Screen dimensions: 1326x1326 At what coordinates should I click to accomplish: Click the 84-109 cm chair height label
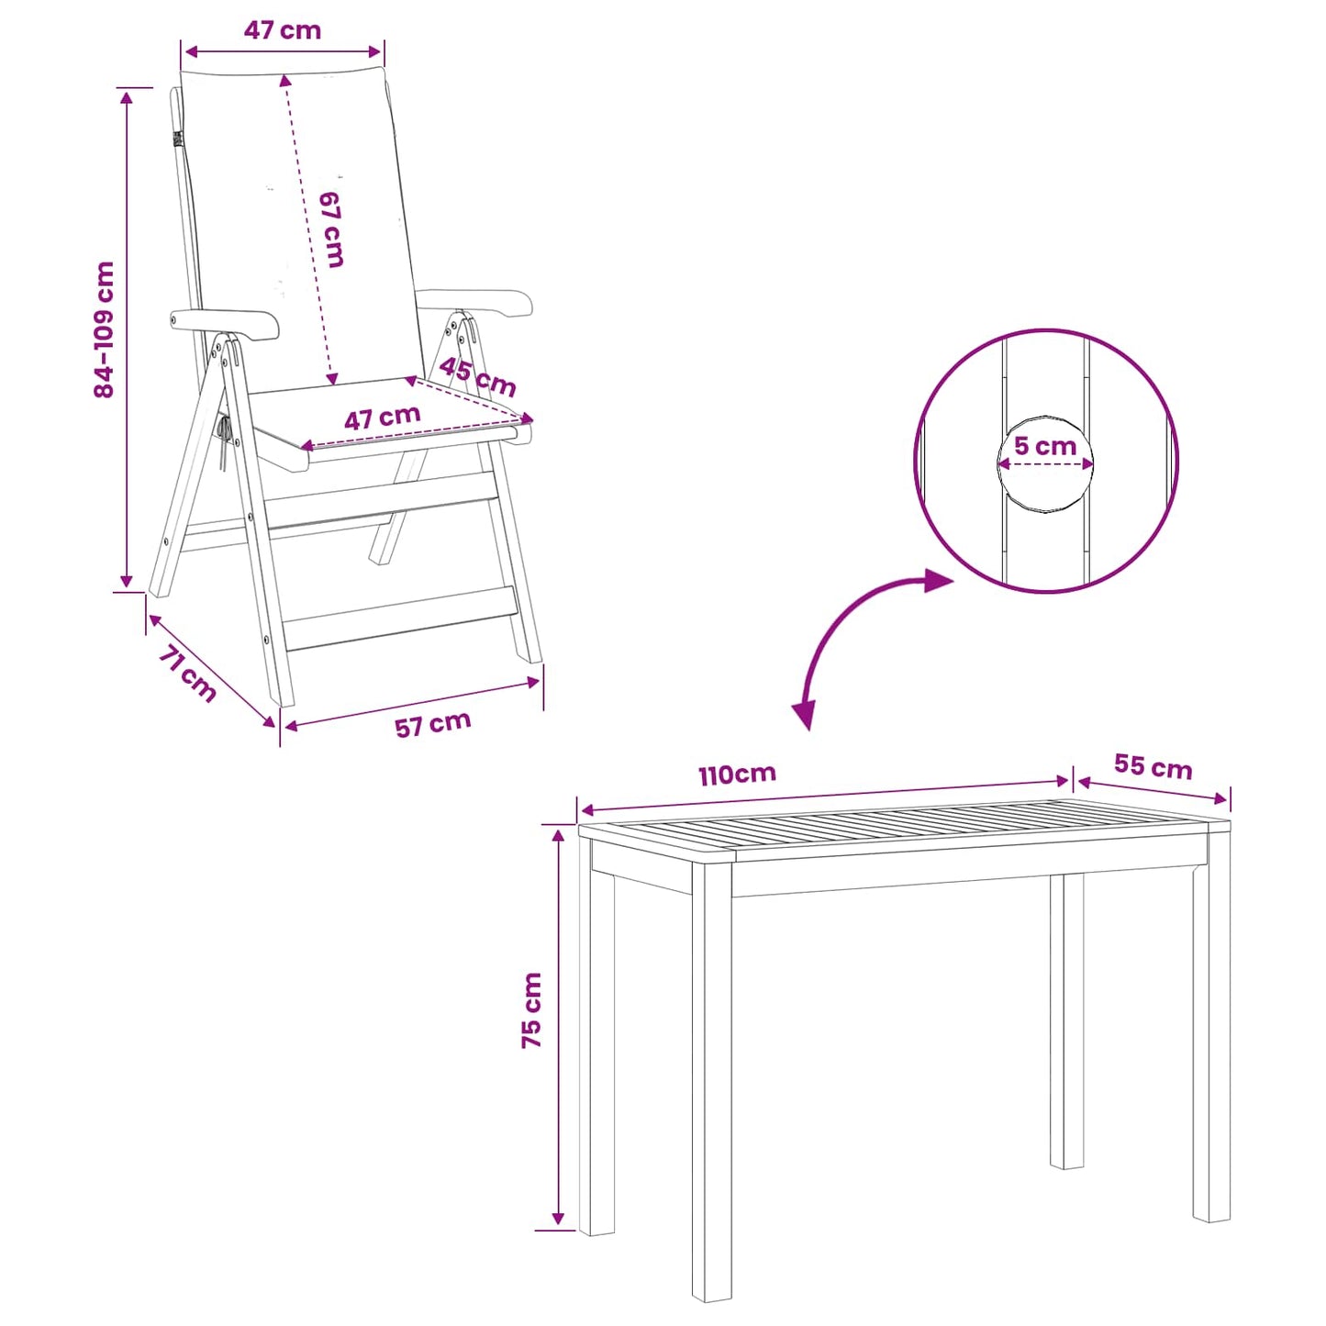tap(105, 329)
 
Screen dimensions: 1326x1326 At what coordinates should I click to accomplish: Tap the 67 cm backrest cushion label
tap(331, 228)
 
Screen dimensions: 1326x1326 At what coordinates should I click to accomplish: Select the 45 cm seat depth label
tap(477, 376)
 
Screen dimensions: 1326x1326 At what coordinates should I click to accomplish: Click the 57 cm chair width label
tap(433, 723)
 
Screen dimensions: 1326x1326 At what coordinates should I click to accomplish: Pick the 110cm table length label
tap(737, 774)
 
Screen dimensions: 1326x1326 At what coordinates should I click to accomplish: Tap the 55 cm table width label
tap(1153, 766)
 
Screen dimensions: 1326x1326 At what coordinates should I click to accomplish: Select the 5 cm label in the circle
tap(1045, 446)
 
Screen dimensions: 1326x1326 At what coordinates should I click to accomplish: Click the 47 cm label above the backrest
tap(282, 30)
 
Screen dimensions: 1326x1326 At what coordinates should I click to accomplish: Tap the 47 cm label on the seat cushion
tap(382, 417)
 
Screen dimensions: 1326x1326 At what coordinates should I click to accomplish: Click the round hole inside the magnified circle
tap(1045, 463)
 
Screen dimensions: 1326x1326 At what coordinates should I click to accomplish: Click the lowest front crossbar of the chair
tap(401, 618)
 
